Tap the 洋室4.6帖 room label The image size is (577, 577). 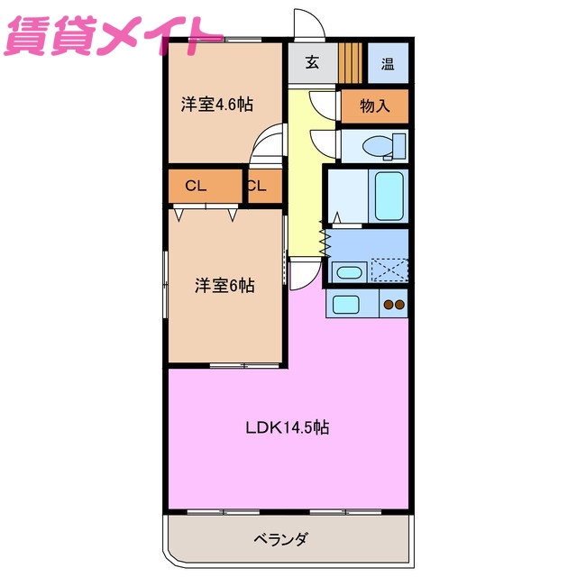tap(216, 105)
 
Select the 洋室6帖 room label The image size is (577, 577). tap(224, 286)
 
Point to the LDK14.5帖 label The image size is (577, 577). tap(287, 427)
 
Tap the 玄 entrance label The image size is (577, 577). tap(312, 63)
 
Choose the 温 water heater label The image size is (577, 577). tap(388, 63)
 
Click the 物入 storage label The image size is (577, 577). tap(374, 106)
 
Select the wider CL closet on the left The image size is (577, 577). tap(197, 187)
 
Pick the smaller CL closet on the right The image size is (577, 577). tap(256, 187)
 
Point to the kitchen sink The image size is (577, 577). tap(344, 304)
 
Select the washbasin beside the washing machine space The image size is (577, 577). tap(347, 271)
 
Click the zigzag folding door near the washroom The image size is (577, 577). tap(325, 240)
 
